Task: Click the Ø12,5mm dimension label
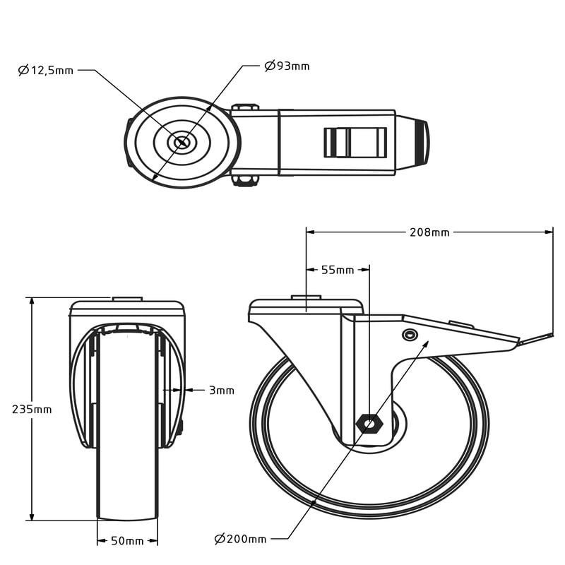point(46,70)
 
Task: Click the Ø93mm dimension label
point(287,66)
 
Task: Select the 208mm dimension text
point(429,232)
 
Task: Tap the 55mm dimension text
point(338,270)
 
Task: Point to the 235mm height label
point(31,410)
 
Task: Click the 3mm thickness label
point(221,390)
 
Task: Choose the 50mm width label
point(127,541)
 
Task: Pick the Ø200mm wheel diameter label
point(241,539)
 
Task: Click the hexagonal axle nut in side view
point(369,424)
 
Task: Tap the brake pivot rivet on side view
point(410,335)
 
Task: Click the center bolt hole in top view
point(182,142)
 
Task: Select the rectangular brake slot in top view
point(355,142)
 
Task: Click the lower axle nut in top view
point(245,181)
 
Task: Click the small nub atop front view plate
point(127,299)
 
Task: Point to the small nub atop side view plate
point(306,297)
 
